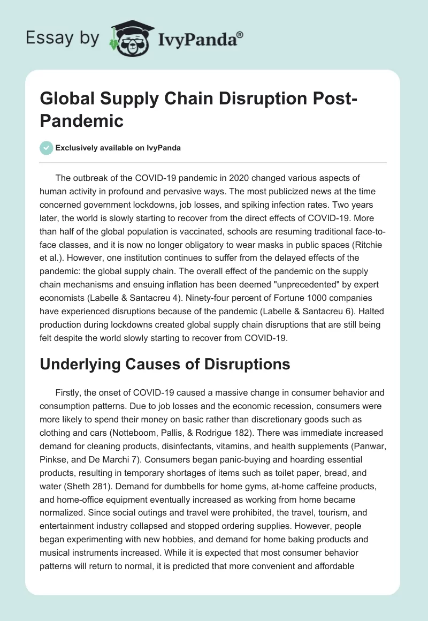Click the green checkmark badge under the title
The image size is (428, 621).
point(47,148)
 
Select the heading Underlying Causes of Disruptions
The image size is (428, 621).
point(165,364)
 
